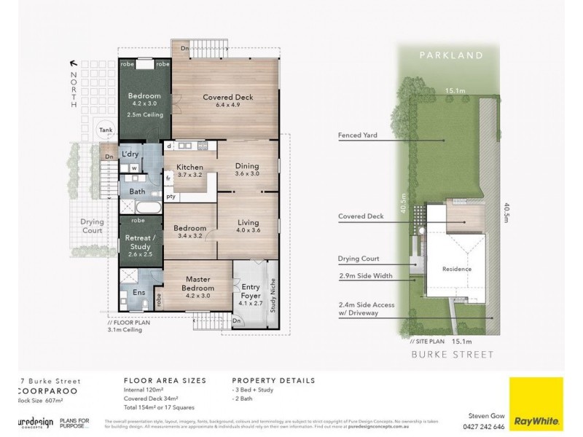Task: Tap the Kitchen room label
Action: click(189, 167)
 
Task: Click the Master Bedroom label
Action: click(198, 283)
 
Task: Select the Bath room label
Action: click(137, 192)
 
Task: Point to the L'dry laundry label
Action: click(130, 154)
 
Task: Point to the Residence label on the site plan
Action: click(457, 269)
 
